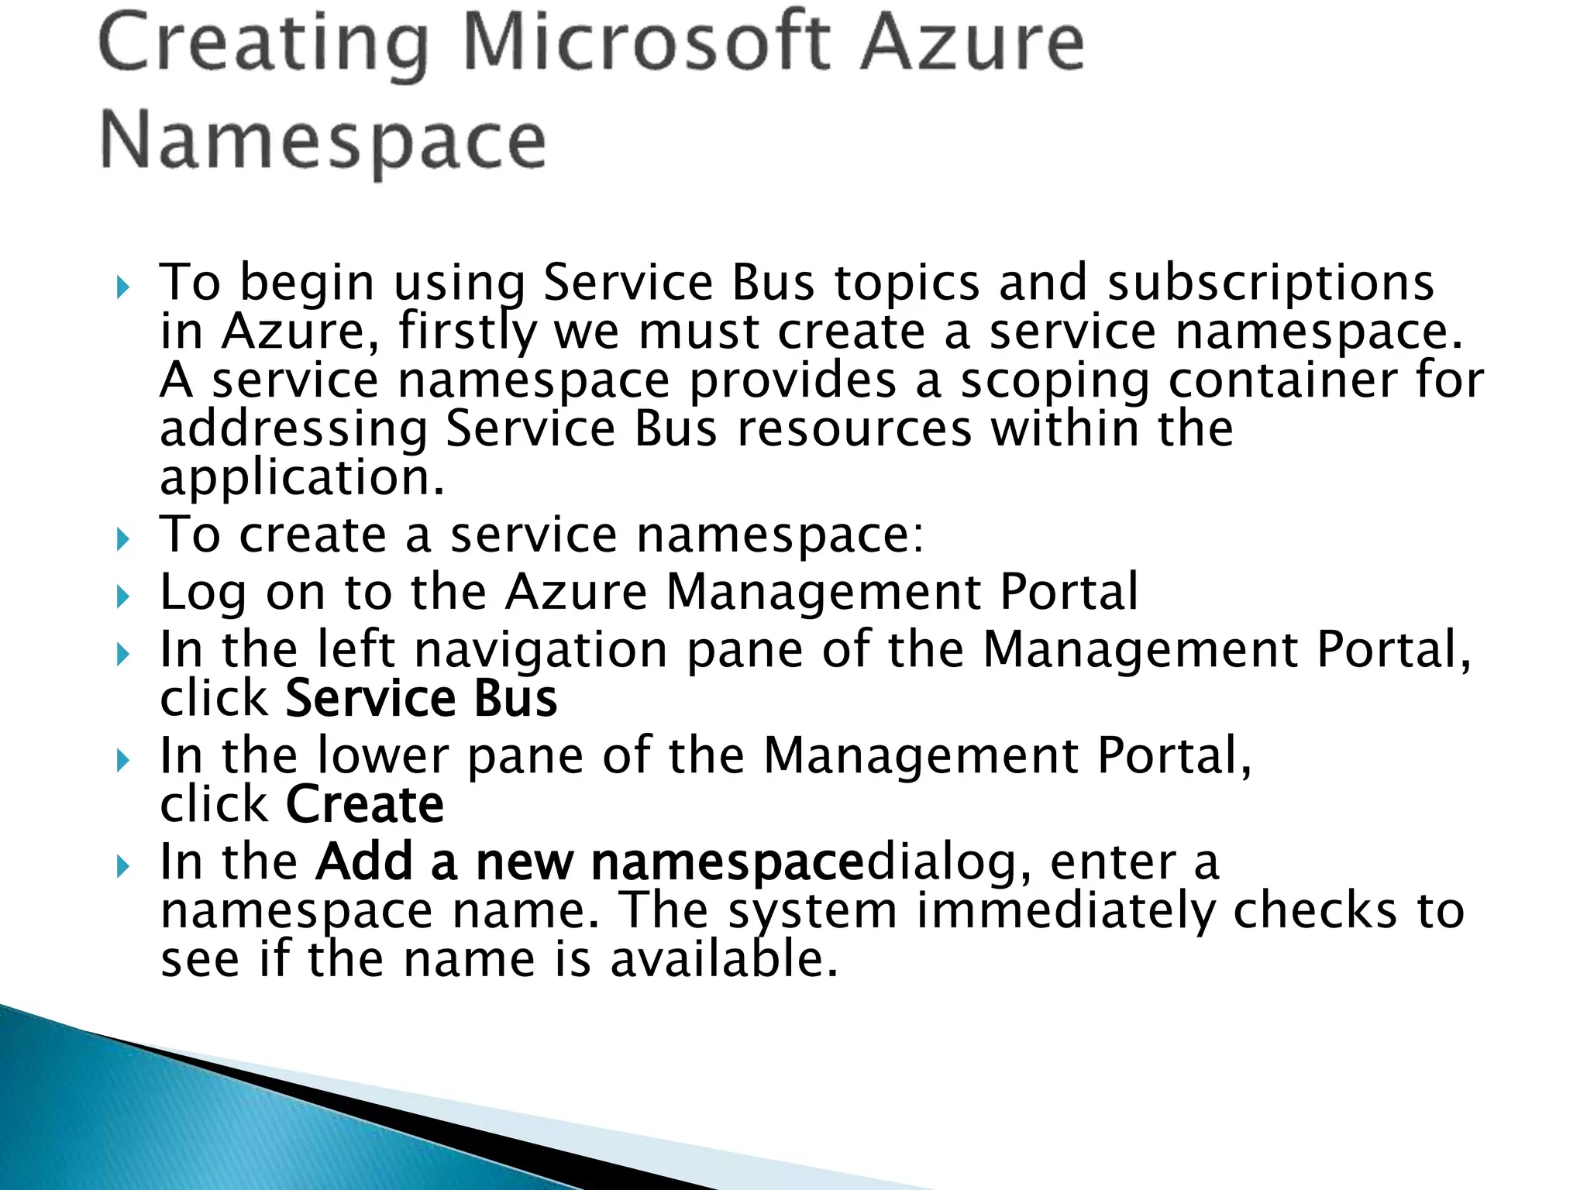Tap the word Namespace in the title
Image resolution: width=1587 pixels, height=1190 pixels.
[323, 142]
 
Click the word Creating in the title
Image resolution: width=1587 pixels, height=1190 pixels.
[263, 45]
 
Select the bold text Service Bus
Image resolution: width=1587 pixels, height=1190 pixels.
[421, 698]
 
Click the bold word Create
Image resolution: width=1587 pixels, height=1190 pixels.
[364, 804]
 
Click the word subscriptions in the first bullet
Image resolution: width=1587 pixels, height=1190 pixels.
[1270, 282]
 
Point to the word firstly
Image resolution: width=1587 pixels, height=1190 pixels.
[466, 332]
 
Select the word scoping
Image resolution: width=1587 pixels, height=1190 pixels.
[1055, 381]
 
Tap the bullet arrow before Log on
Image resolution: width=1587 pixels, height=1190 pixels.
[122, 597]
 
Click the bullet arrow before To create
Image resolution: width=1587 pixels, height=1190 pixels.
[122, 539]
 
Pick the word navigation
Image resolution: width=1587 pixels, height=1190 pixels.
[540, 649]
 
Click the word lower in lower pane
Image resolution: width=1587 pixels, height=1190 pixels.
[383, 755]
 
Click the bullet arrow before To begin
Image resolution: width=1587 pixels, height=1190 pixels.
[122, 288]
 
